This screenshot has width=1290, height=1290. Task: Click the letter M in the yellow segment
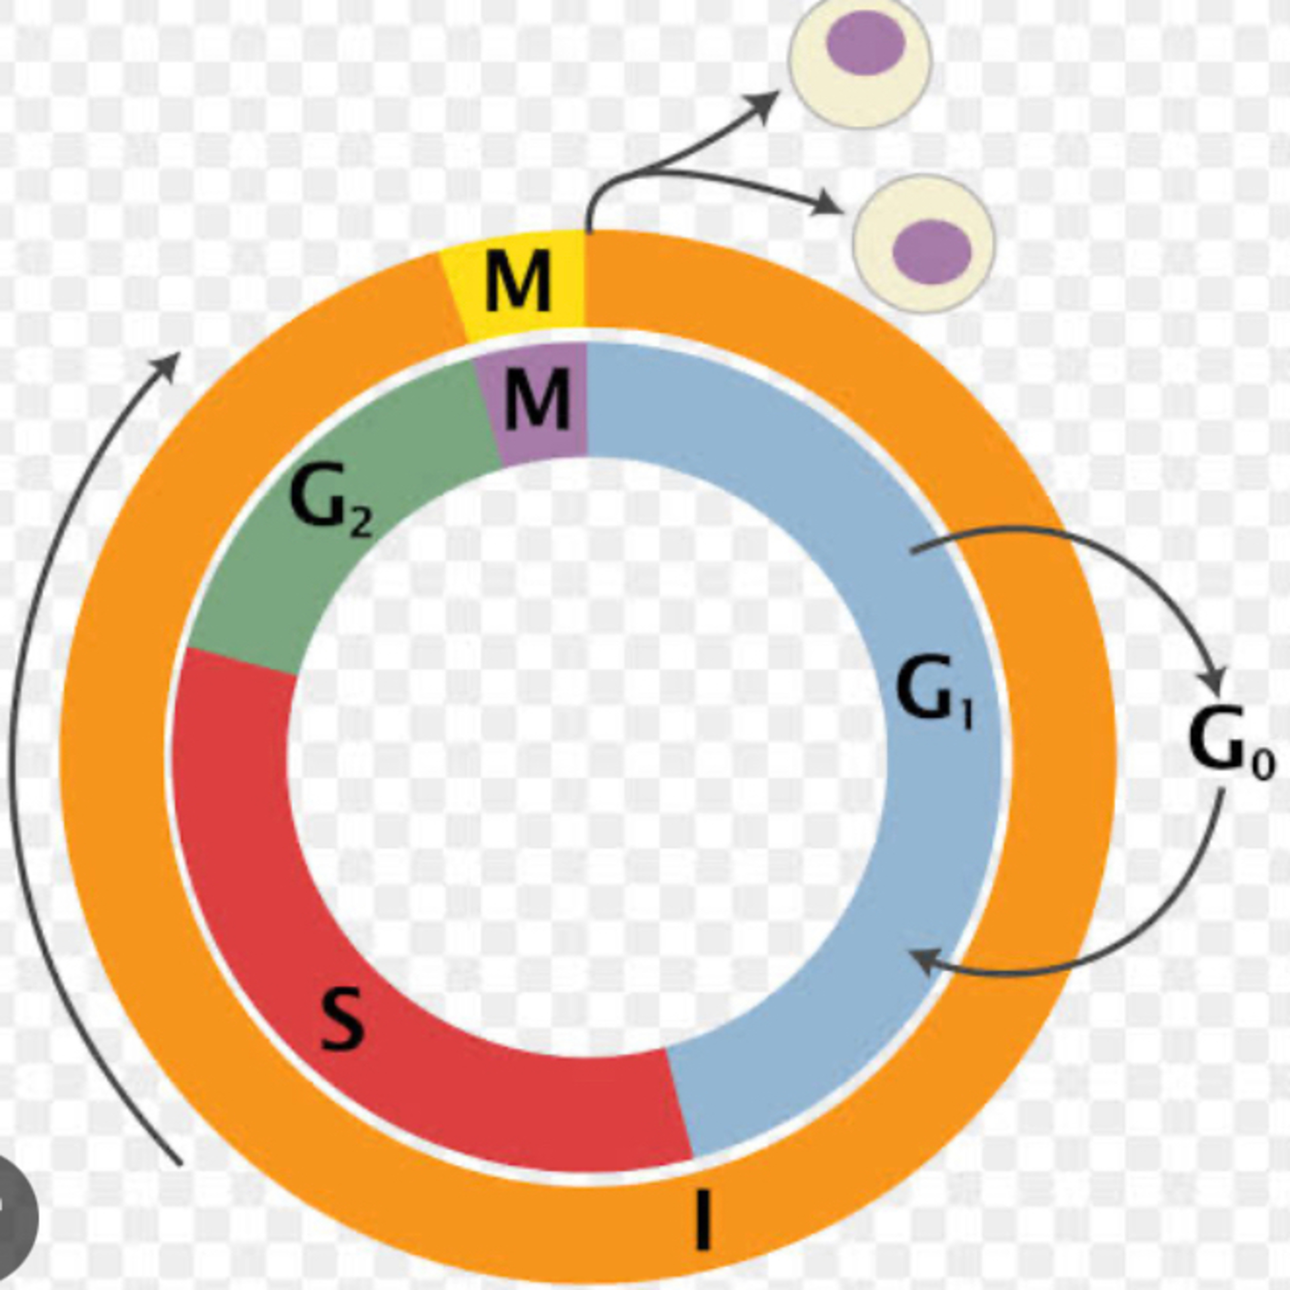tap(518, 282)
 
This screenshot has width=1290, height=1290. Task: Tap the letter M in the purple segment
tap(537, 399)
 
